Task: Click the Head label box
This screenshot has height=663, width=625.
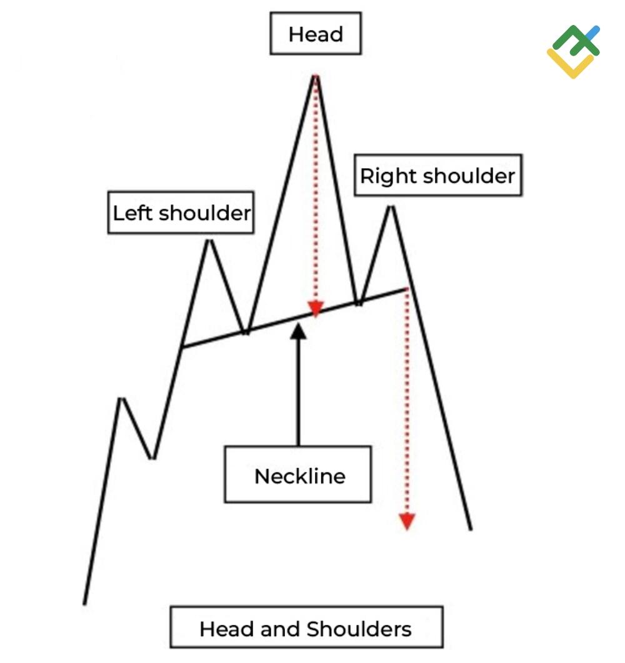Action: click(x=316, y=34)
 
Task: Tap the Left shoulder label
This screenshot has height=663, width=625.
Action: click(x=181, y=213)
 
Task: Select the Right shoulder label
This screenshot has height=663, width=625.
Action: click(x=437, y=176)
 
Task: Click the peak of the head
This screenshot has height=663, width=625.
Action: click(x=315, y=76)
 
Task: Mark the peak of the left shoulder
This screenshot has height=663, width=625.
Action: click(x=209, y=241)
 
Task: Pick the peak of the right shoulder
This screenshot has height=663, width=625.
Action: click(x=392, y=207)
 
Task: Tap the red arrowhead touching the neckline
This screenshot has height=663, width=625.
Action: click(x=316, y=309)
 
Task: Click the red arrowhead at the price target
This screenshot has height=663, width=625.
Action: click(x=407, y=521)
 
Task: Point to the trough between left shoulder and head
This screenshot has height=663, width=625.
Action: click(x=246, y=332)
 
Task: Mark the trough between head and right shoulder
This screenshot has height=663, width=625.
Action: click(x=358, y=304)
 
